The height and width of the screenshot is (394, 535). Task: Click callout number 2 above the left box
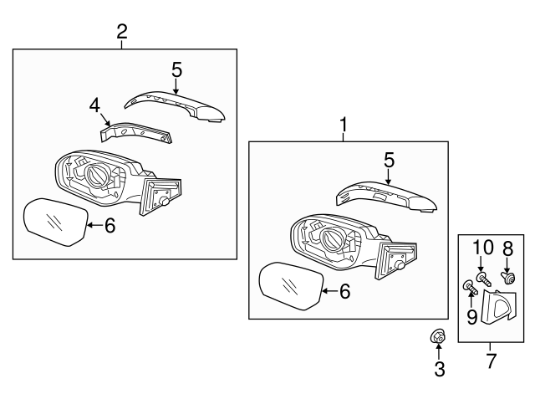pos(122,32)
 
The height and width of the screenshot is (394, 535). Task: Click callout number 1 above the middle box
pos(343,125)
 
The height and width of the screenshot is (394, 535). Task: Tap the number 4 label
pos(94,105)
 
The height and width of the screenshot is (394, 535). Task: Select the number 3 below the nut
pos(440,368)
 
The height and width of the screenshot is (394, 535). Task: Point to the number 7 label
pos(491,361)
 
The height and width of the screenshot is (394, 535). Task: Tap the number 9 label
pos(471,316)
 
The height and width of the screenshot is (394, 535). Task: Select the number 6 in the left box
pos(109,224)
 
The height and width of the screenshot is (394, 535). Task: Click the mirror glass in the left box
pos(53,222)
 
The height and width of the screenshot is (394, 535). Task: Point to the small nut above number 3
pos(436,336)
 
